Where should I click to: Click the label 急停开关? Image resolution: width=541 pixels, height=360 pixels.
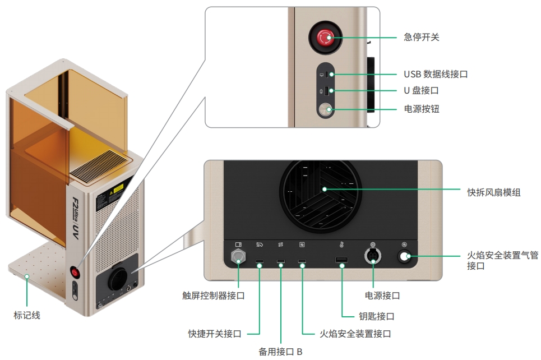(421, 38)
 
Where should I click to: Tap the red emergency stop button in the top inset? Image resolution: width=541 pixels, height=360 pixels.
(325, 38)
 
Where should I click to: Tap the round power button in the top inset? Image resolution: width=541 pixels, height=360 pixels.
(325, 110)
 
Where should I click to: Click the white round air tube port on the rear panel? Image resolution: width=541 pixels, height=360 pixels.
(404, 257)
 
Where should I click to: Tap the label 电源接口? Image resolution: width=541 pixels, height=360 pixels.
(382, 296)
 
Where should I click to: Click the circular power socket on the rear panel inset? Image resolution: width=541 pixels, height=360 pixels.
(372, 257)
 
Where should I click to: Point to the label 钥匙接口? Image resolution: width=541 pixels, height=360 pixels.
(376, 316)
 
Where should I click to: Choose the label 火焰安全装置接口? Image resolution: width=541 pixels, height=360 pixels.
(355, 334)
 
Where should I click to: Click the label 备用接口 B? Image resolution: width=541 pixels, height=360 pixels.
(280, 352)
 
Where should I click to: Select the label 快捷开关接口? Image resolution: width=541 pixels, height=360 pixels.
(215, 334)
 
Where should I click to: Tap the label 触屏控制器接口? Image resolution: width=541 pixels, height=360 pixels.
(214, 296)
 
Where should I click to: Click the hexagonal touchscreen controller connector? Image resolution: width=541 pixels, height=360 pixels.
(239, 257)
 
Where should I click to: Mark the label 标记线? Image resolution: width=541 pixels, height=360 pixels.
(27, 315)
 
